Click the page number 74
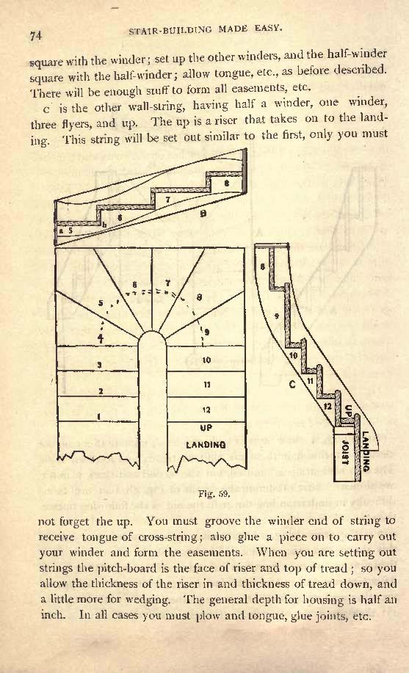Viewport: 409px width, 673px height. [x=36, y=37]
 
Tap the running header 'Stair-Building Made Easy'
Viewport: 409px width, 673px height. [x=205, y=29]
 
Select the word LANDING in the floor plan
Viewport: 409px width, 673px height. [x=206, y=445]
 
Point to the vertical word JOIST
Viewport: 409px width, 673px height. [x=344, y=452]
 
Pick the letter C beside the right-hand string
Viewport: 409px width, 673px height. [x=292, y=384]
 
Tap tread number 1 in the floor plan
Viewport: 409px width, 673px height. [x=99, y=416]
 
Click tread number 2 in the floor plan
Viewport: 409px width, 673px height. [x=101, y=391]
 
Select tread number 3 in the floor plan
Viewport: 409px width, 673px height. [x=99, y=365]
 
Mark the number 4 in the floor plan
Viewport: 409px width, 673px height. [x=100, y=338]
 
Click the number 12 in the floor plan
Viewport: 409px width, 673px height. [x=206, y=410]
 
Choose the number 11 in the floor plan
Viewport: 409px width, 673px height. [x=206, y=385]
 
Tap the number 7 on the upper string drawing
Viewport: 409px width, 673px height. [x=168, y=199]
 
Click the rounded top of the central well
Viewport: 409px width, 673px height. [x=152, y=331]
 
